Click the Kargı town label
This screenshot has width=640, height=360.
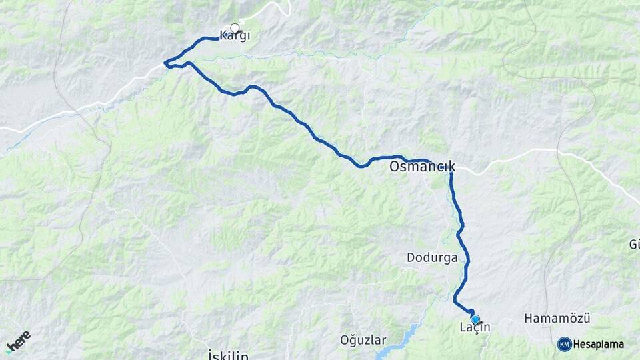pyautogui.click(x=235, y=37)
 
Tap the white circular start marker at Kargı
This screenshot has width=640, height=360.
pyautogui.click(x=235, y=28)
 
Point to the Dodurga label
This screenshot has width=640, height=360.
pyautogui.click(x=432, y=257)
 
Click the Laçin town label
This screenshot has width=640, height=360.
pyautogui.click(x=475, y=327)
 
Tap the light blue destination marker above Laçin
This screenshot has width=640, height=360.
pyautogui.click(x=475, y=319)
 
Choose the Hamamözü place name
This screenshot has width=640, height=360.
pyautogui.click(x=557, y=319)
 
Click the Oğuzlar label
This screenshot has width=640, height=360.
pyautogui.click(x=363, y=340)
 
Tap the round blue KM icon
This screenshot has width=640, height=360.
pyautogui.click(x=564, y=344)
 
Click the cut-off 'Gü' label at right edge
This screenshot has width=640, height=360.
pyautogui.click(x=634, y=245)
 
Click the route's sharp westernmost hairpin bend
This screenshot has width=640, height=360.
pyautogui.click(x=166, y=64)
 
